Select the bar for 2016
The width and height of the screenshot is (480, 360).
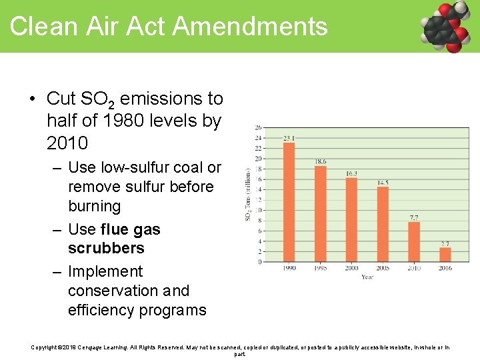click(445, 254)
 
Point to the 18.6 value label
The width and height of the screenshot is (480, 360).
click(321, 161)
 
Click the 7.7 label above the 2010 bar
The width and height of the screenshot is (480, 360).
click(413, 217)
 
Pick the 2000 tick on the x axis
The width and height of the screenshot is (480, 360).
click(351, 268)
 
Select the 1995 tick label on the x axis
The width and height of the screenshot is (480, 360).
click(320, 268)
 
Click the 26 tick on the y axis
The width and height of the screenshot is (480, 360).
click(258, 128)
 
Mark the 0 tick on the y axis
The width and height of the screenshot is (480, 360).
click(259, 262)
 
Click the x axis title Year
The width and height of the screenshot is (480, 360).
click(367, 277)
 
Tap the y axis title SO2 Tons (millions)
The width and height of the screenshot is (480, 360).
click(249, 195)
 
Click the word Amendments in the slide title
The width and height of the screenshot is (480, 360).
click(250, 27)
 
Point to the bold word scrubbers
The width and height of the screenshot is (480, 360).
click(106, 248)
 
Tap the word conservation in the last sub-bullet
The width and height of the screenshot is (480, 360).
click(113, 291)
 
